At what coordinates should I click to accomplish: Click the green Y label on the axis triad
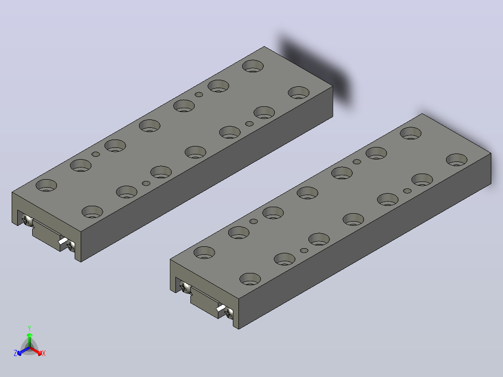pos(29,328)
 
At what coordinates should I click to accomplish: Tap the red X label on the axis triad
pos(44,353)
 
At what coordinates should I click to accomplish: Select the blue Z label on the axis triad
pos(15,353)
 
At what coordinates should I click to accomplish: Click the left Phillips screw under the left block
pos(27,220)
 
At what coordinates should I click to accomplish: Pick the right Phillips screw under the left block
pos(70,246)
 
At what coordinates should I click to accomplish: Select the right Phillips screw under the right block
pos(229,313)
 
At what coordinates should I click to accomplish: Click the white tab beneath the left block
pos(63,241)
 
